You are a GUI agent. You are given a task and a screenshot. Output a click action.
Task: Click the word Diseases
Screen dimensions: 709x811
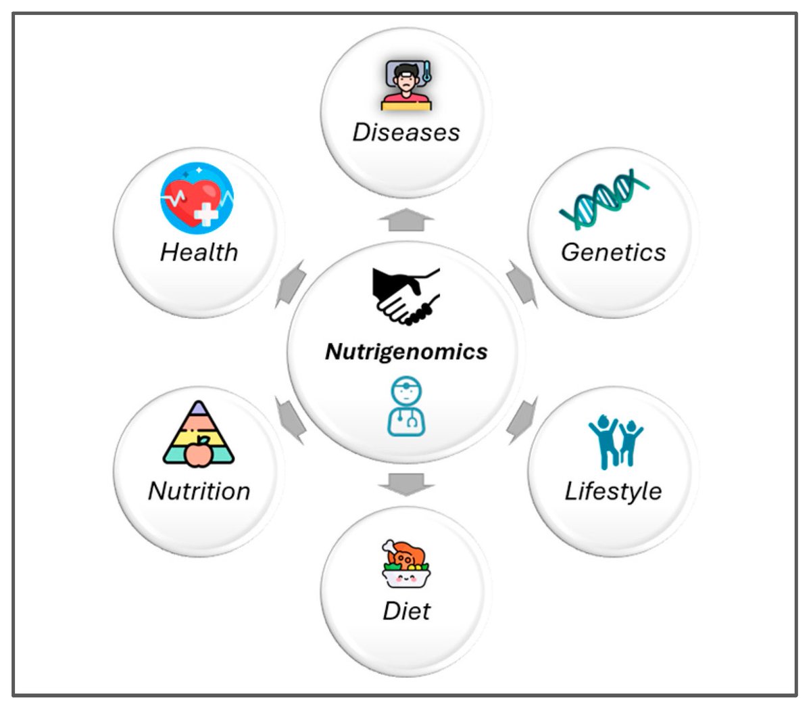pos(406,133)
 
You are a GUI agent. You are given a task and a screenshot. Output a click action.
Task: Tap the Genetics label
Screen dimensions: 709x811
pos(613,252)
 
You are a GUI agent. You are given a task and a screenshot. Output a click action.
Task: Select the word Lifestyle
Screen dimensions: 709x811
pos(613,491)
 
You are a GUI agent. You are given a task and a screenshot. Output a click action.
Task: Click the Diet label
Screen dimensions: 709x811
pos(406,611)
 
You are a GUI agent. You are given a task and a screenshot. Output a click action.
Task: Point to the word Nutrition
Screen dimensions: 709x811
pos(199,491)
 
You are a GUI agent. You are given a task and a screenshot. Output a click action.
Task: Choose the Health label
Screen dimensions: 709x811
pos(199,252)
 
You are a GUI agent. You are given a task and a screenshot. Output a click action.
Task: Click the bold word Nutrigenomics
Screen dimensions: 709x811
pos(406,352)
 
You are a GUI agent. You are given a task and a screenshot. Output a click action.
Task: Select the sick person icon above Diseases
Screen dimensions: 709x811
pos(406,85)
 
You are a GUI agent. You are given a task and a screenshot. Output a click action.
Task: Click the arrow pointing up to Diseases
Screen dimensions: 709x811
pos(406,220)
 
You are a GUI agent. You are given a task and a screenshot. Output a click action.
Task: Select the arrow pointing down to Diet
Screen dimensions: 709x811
pos(406,484)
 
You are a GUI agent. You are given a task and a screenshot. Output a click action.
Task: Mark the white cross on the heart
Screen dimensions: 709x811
pos(206,214)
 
